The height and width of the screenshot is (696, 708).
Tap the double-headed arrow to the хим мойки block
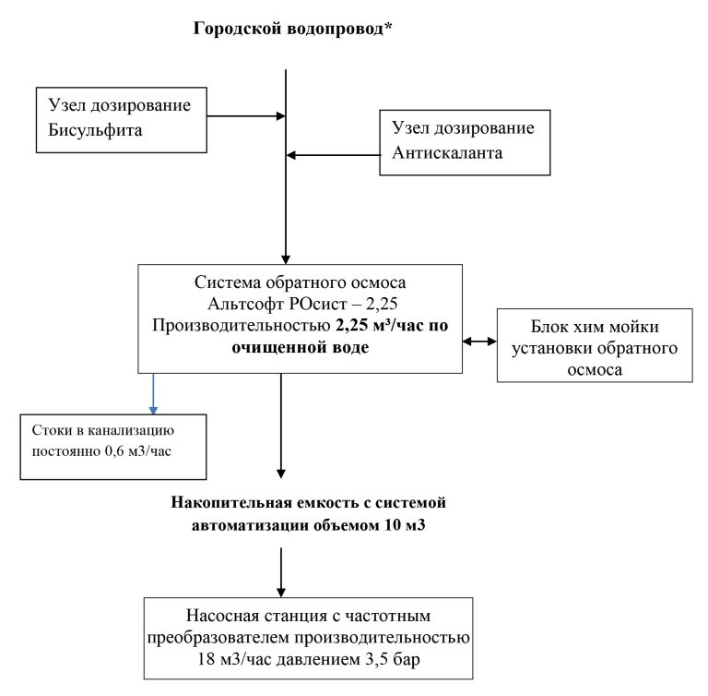pyautogui.click(x=478, y=342)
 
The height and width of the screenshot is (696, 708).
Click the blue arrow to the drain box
pyautogui.click(x=153, y=392)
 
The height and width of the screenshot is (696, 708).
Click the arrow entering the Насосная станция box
pyautogui.click(x=280, y=575)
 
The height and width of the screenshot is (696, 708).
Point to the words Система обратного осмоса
pyautogui.click(x=301, y=282)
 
